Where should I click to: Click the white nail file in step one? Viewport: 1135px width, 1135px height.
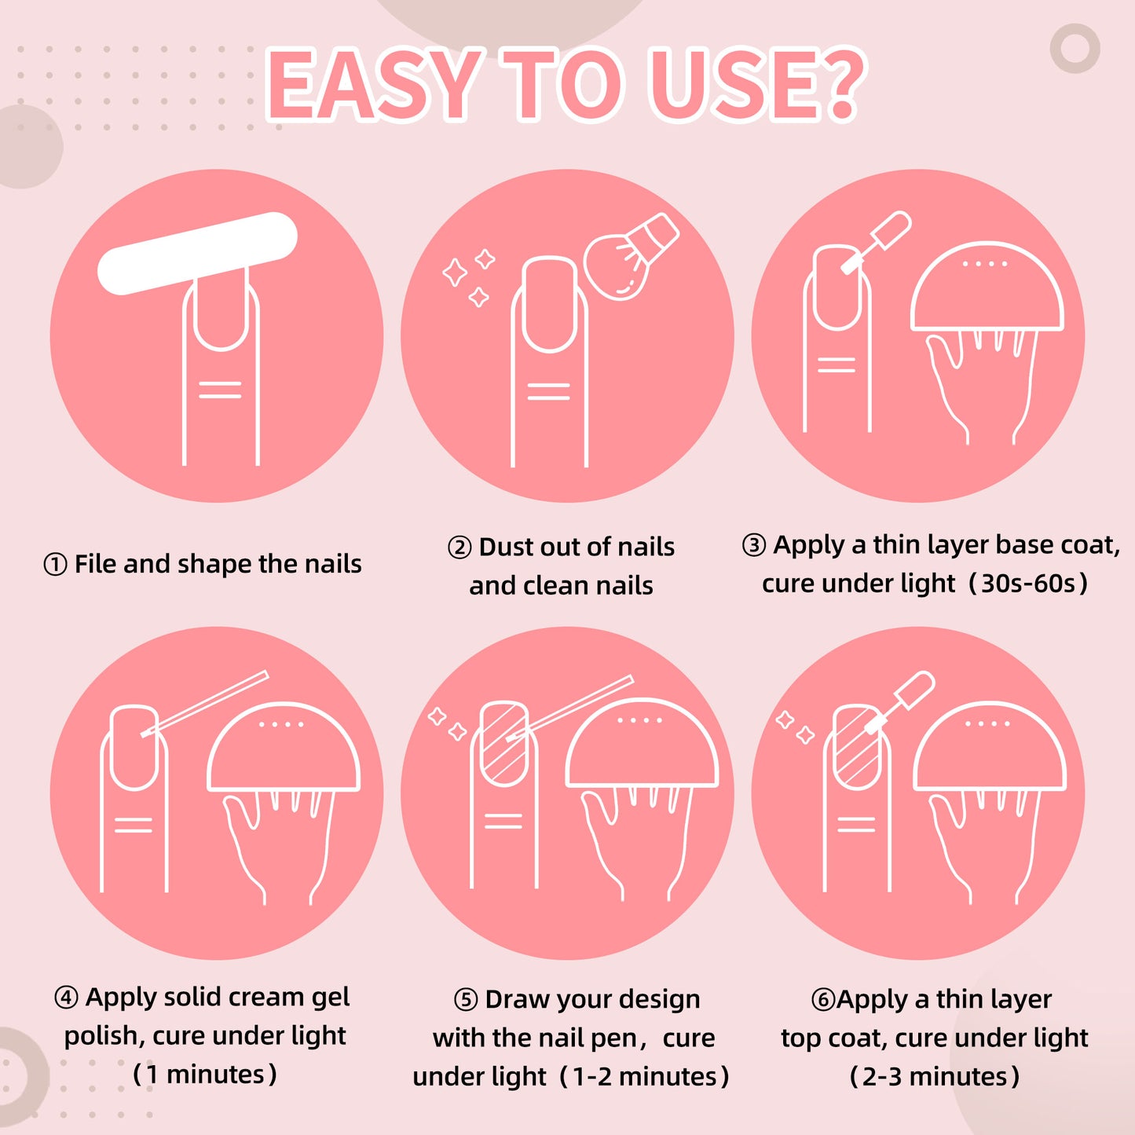click(x=197, y=253)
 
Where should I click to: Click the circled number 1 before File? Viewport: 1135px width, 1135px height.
click(x=55, y=565)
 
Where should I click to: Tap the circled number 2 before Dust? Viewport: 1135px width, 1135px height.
click(x=459, y=547)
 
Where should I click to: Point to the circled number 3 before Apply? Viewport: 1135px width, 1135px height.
click(x=754, y=545)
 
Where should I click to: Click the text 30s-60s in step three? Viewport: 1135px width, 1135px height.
click(x=1028, y=584)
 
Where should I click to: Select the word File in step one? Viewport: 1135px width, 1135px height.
click(x=96, y=564)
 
